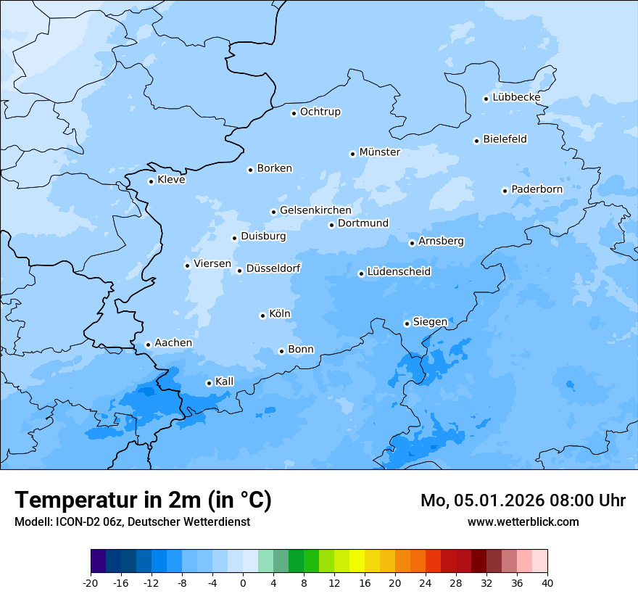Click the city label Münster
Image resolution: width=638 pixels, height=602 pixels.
pos(379,152)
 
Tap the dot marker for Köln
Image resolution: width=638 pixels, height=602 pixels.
pos(262,316)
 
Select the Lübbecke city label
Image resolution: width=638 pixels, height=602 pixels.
pos(516,97)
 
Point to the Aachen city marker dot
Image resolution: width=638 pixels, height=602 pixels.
pos(148,345)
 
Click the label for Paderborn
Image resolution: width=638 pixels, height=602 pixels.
pos(536,189)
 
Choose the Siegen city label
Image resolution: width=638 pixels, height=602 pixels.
pos(430,322)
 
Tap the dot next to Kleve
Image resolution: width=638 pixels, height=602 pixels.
pos(151,181)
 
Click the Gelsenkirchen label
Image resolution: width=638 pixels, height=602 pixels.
pos(315,210)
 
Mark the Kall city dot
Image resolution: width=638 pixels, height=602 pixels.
pos(209,383)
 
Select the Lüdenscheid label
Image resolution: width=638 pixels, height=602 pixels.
pos(399,272)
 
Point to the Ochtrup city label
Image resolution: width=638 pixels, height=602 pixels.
pos(320,112)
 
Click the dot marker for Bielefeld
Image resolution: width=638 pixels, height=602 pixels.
pos(477,141)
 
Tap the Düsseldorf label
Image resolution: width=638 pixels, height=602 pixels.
pos(273,268)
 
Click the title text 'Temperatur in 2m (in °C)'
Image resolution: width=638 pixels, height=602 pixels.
pos(143,500)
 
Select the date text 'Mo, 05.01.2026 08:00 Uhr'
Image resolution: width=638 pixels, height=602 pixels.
pos(523,500)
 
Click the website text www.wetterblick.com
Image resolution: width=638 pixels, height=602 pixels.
pos(523,521)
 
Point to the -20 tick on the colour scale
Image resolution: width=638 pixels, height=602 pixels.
pos(91,583)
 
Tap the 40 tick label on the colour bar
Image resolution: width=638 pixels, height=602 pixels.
pos(547,583)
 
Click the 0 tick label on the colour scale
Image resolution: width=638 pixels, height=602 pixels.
pos(243,583)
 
